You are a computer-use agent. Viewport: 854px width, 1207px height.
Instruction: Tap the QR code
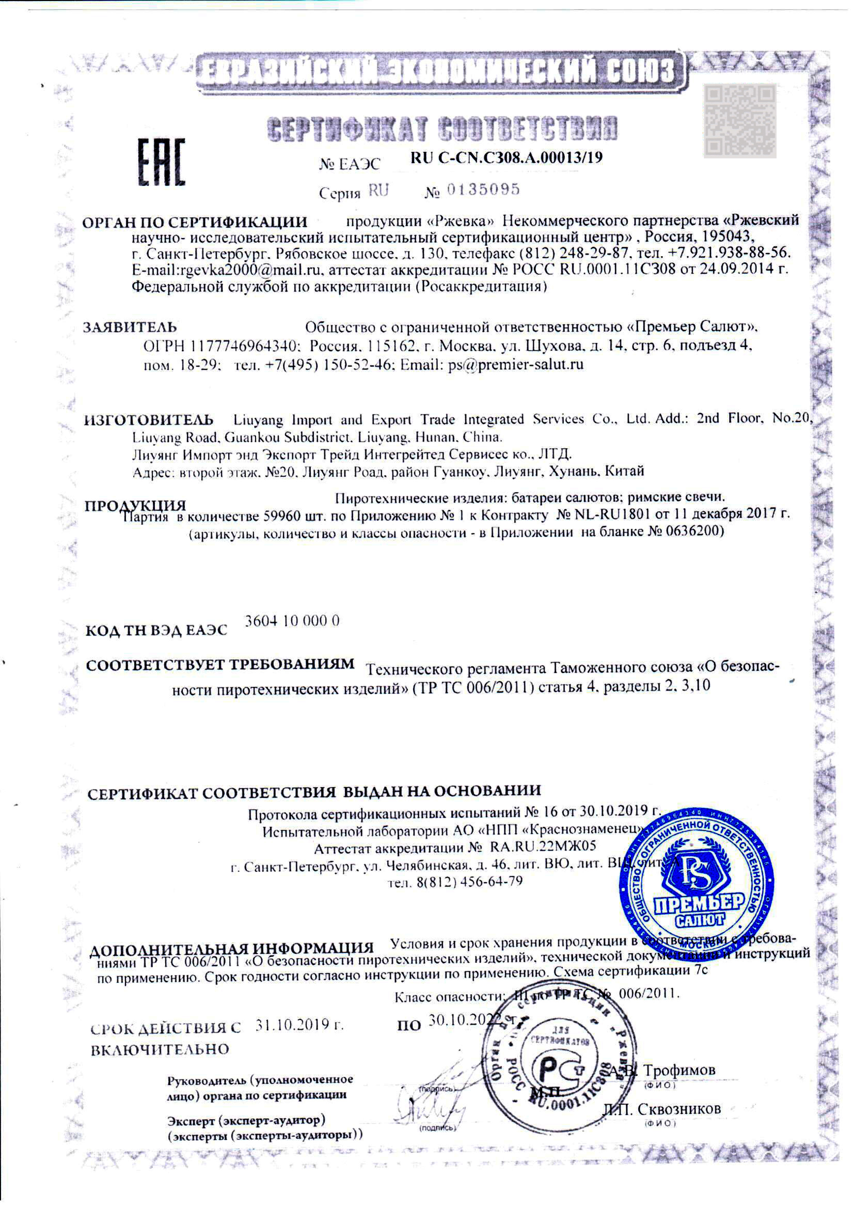tap(740, 120)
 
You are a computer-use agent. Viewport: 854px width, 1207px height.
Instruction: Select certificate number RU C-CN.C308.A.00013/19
tap(506, 158)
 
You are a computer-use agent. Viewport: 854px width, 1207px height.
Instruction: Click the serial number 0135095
tap(483, 190)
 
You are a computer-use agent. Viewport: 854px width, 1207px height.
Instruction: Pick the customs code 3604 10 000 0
tap(292, 621)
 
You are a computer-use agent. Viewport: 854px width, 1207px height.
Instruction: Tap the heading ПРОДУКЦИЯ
tap(136, 505)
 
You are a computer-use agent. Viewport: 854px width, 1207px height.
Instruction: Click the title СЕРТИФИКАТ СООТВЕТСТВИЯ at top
tap(442, 128)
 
